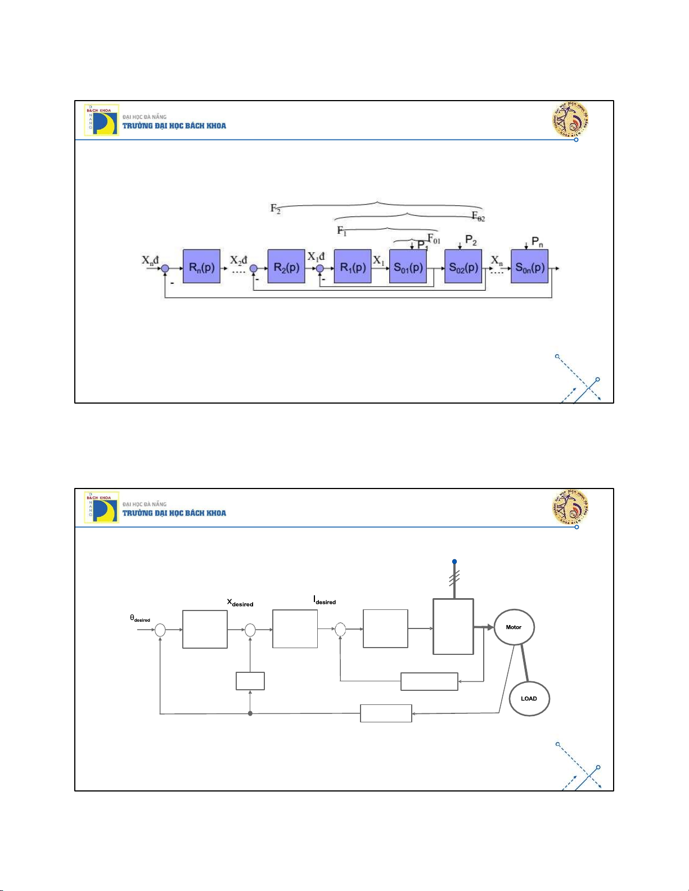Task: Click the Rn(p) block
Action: click(x=201, y=266)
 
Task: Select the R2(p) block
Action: click(x=286, y=266)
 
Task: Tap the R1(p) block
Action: click(x=353, y=266)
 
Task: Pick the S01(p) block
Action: click(x=408, y=266)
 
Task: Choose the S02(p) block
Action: click(x=463, y=266)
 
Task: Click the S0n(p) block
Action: click(x=529, y=266)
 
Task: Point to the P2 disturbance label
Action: click(x=471, y=241)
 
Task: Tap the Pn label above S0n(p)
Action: click(x=537, y=242)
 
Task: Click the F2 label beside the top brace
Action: click(x=275, y=209)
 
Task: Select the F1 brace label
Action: click(x=341, y=230)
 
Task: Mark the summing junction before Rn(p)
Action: click(x=165, y=269)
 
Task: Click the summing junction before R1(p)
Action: click(x=320, y=269)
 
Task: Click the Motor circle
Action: click(x=514, y=627)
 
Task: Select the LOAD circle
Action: click(x=529, y=698)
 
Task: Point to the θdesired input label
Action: click(x=140, y=618)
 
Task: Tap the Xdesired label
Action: click(x=240, y=603)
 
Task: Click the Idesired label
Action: click(x=325, y=600)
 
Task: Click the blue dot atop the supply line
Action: click(x=454, y=562)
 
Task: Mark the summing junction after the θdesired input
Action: click(x=160, y=630)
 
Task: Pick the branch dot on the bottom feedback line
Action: click(x=250, y=713)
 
